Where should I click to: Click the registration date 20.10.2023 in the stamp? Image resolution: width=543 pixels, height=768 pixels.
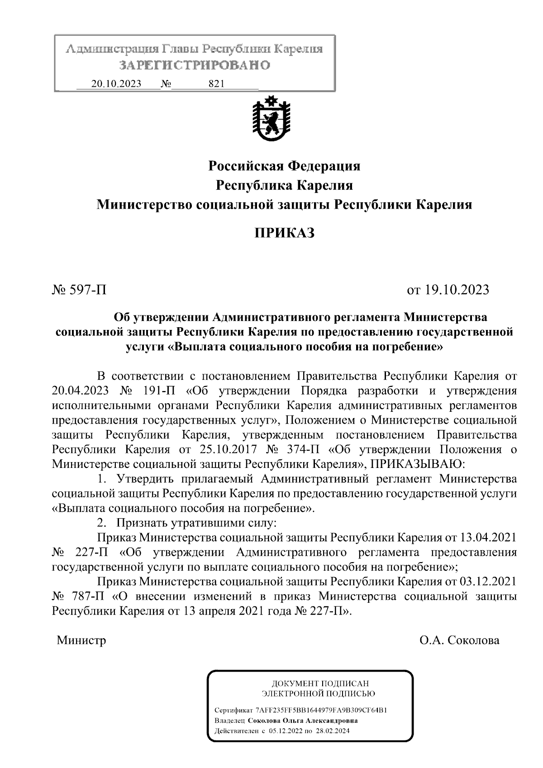(116, 84)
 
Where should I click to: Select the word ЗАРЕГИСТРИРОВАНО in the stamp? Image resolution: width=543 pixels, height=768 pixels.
(195, 65)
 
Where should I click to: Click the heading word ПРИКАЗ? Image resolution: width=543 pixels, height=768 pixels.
(284, 233)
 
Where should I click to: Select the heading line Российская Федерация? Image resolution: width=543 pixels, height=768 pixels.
(284, 166)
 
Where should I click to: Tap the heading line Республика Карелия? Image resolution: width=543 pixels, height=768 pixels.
(284, 186)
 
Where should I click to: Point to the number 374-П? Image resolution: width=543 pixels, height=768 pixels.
(303, 449)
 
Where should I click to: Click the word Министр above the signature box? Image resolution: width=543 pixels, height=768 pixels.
(81, 640)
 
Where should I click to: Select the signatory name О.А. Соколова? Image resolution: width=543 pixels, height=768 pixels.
(459, 640)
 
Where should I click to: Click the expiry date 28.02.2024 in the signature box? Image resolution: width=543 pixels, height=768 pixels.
(333, 731)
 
